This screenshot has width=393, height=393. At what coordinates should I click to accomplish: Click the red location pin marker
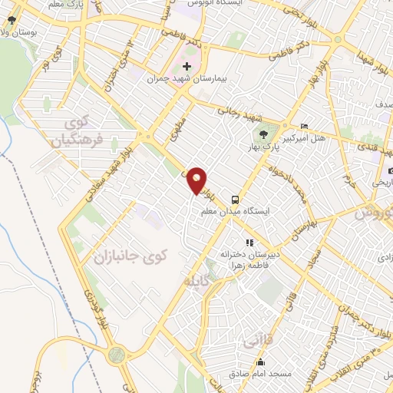tap(197, 180)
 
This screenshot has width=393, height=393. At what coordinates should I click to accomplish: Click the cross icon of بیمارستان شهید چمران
tap(187, 67)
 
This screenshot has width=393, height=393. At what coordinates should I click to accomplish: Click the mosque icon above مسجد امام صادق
tap(259, 362)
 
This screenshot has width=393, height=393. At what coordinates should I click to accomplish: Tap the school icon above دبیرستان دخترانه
tap(248, 243)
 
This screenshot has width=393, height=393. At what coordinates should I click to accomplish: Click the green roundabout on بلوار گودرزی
tap(117, 355)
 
